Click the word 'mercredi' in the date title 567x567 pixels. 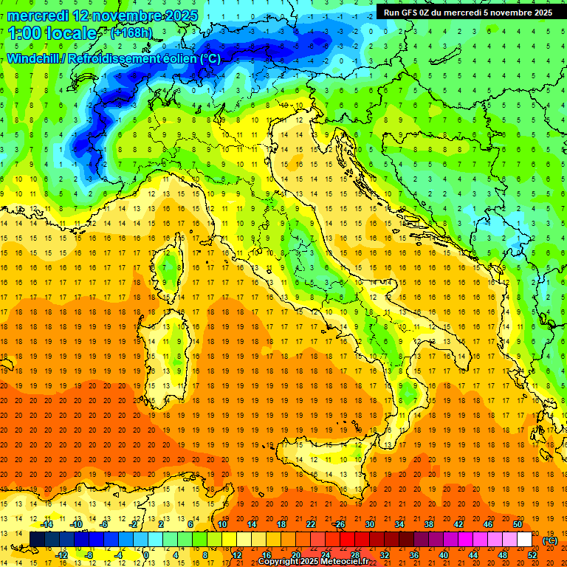click(x=38, y=16)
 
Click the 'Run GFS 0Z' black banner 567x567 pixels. click(x=468, y=13)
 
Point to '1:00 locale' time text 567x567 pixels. click(x=52, y=34)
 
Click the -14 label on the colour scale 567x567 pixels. click(x=47, y=524)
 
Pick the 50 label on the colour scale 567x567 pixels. click(x=518, y=524)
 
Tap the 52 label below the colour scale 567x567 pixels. click(x=532, y=554)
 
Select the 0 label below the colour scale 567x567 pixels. click(x=146, y=554)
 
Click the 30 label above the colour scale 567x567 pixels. click(x=370, y=524)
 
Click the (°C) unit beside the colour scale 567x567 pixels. click(x=549, y=540)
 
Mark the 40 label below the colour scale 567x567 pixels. click(x=443, y=554)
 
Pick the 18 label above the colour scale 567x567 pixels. click(x=281, y=524)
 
